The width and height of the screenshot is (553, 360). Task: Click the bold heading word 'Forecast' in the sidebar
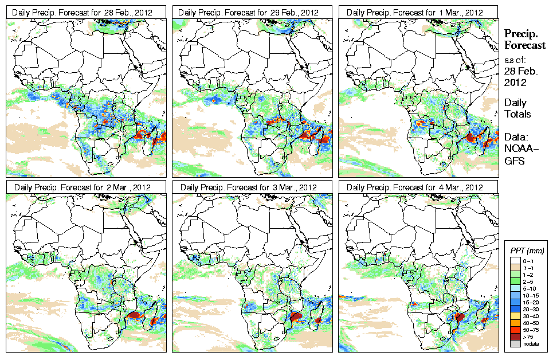(x=525, y=45)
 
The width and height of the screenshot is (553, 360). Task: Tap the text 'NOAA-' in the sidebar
(x=518, y=148)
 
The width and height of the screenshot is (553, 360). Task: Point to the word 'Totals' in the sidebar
(x=517, y=114)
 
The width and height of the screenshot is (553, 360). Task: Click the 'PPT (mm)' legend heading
(x=528, y=251)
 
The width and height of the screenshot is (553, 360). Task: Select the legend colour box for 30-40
(x=513, y=315)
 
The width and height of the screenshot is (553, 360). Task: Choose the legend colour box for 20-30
(x=513, y=308)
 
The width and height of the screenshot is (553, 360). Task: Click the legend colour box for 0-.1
(x=513, y=260)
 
